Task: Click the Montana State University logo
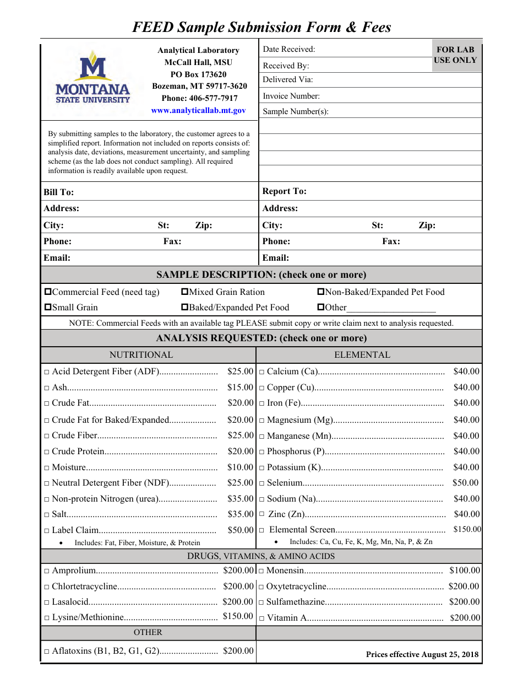tap(93, 77)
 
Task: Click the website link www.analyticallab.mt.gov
tap(198, 110)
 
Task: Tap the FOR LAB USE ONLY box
tap(455, 55)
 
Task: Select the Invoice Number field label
tap(291, 96)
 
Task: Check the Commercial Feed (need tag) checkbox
tap(48, 292)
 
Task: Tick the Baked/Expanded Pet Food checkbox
tap(185, 308)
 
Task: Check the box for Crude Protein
tap(47, 452)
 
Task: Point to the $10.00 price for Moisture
tap(241, 467)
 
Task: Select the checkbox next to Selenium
tap(262, 483)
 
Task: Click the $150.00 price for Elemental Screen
tap(467, 529)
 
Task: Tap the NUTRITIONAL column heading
tap(141, 355)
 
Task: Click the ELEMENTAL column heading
tap(362, 355)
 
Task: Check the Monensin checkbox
tap(262, 571)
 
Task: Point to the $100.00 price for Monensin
tap(465, 571)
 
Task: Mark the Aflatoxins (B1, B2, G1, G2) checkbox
tap(47, 652)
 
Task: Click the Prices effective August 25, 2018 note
tap(422, 655)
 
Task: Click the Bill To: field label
tap(58, 192)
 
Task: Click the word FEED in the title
tap(153, 27)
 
